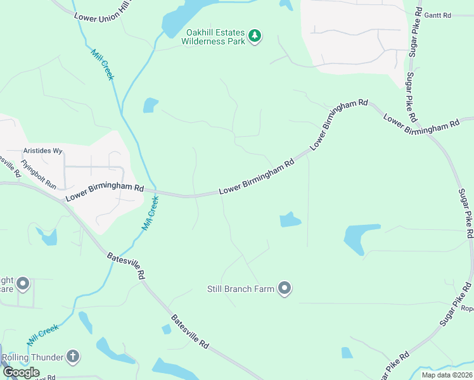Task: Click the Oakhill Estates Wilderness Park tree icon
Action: click(254, 35)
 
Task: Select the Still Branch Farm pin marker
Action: click(285, 289)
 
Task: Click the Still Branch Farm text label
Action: click(241, 289)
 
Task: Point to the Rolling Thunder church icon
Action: click(73, 357)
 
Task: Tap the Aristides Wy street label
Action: click(42, 151)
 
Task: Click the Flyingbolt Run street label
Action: click(38, 175)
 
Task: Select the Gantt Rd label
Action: click(437, 15)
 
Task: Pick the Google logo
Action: click(21, 372)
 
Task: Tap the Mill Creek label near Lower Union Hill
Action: click(103, 64)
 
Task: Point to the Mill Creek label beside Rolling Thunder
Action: click(42, 332)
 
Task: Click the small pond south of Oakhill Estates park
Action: click(150, 105)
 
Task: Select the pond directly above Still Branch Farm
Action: click(290, 220)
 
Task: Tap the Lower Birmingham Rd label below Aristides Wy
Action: click(105, 193)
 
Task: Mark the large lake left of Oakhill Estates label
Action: click(184, 16)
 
